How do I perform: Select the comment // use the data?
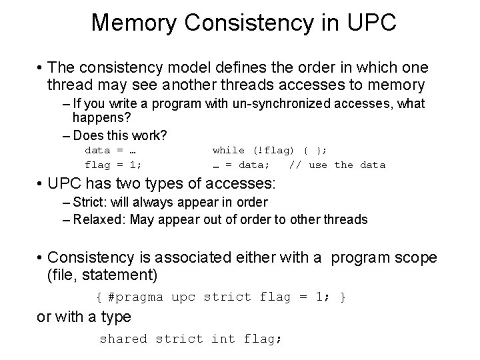click(x=337, y=165)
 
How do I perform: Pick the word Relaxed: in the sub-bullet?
click(x=99, y=219)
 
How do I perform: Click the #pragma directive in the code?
click(x=132, y=297)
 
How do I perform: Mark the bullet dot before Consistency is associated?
click(x=41, y=257)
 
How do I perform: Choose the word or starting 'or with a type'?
click(x=43, y=317)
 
